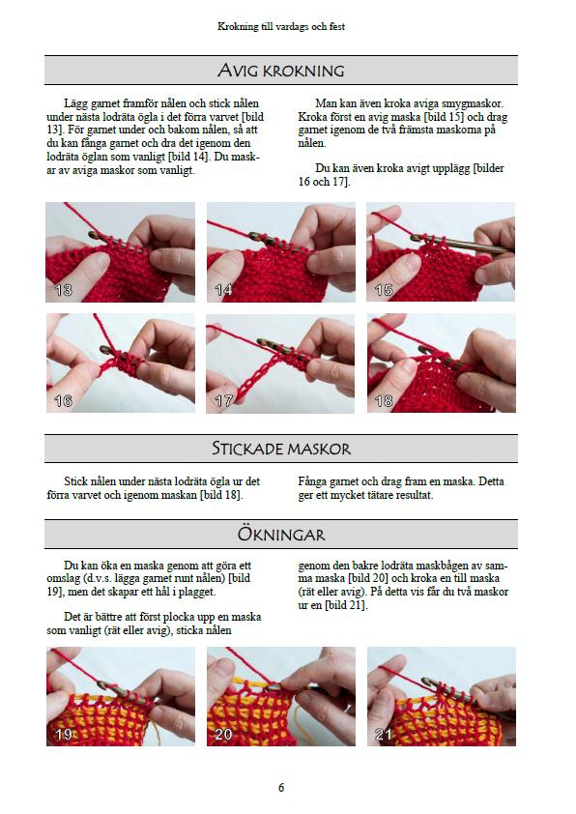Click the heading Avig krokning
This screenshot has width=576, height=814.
coord(280,71)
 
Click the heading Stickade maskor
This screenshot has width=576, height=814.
coord(280,449)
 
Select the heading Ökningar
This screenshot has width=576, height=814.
coord(280,534)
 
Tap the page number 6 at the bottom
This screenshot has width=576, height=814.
coord(281,787)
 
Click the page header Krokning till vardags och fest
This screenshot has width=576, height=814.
coord(281,27)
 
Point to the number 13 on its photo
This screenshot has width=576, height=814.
coord(63,290)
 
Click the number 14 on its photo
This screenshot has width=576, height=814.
coord(223,290)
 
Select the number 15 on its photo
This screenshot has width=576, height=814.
coord(384,290)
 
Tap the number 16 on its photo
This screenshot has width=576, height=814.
coord(63,400)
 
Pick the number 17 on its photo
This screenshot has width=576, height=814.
coord(223,400)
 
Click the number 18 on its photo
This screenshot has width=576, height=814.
coord(384,400)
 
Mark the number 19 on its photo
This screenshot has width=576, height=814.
coord(63,735)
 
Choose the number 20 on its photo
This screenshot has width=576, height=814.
coord(223,735)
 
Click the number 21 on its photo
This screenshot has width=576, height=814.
coord(384,735)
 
